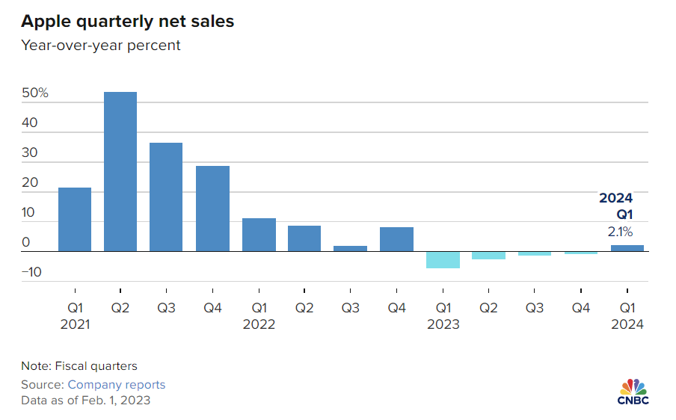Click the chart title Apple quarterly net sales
tap(127, 22)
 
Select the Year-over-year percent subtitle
tap(101, 46)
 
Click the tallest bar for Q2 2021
tap(120, 171)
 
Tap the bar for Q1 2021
tap(75, 219)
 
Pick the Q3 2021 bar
tap(166, 197)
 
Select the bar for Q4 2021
tap(212, 209)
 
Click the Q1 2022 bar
tap(259, 235)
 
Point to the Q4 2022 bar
tap(397, 239)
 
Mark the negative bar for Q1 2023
tap(443, 259)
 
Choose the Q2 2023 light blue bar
tap(489, 256)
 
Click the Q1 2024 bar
tap(627, 248)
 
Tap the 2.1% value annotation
tap(620, 232)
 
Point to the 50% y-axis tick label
tap(35, 93)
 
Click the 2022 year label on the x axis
tap(259, 324)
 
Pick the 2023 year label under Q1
tap(443, 324)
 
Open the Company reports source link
tap(117, 385)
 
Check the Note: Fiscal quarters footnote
tap(79, 366)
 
